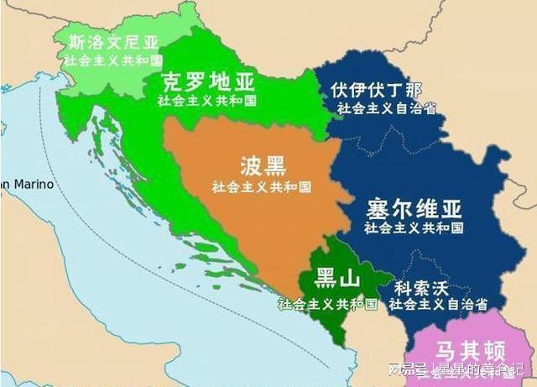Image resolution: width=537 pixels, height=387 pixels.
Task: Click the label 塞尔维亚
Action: [x=414, y=207]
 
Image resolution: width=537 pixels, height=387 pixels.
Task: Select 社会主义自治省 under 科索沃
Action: [x=439, y=304]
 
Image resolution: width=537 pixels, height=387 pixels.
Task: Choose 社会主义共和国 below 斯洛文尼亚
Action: [x=112, y=60]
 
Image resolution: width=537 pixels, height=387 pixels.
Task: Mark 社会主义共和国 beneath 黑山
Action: [x=327, y=303]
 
